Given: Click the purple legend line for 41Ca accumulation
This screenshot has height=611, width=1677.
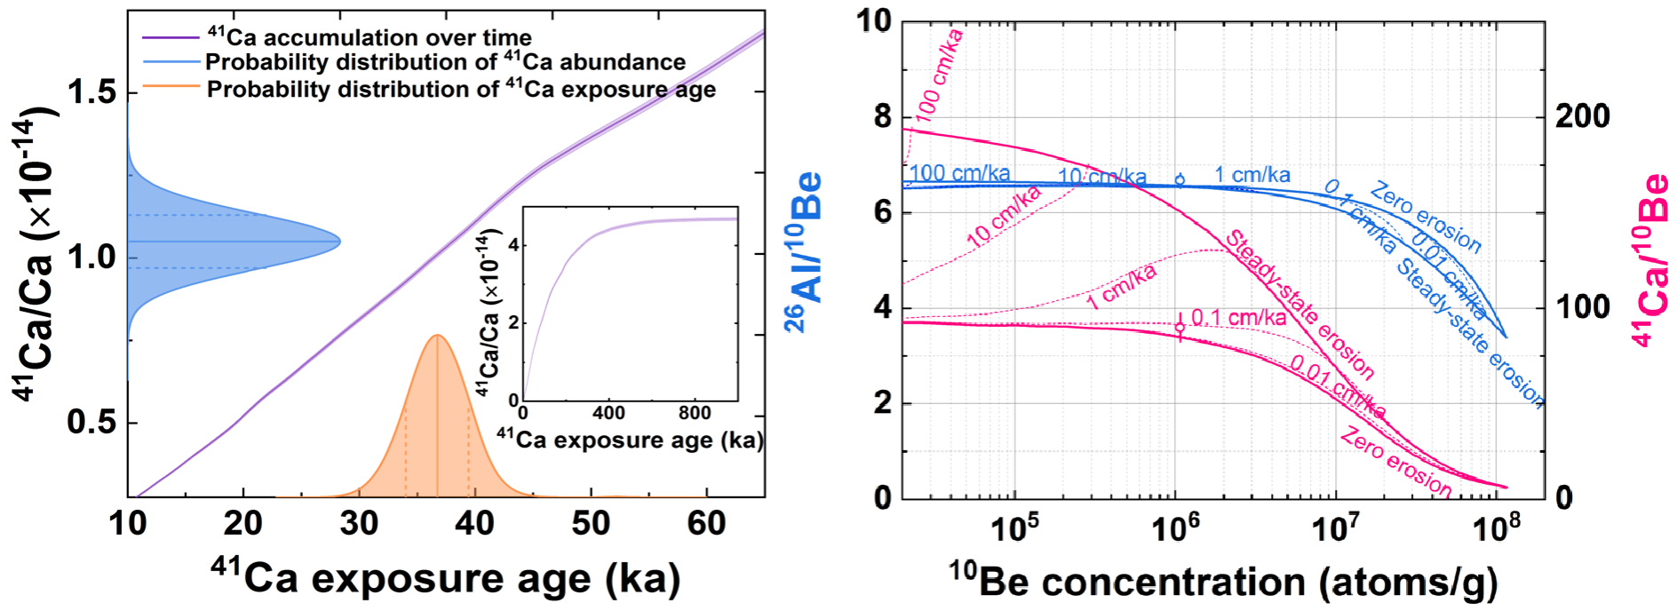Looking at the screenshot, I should [x=170, y=37].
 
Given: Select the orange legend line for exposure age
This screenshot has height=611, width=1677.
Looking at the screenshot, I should [x=170, y=89].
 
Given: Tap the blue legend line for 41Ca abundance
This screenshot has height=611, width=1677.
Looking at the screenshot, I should [x=170, y=62].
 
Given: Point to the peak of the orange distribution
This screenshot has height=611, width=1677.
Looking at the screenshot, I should [x=437, y=336].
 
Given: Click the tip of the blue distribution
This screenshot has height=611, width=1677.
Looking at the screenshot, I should [x=340, y=241].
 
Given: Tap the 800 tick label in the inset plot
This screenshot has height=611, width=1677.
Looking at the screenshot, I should [x=695, y=413].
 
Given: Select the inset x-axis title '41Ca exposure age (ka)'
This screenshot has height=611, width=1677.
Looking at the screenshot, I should [x=630, y=440].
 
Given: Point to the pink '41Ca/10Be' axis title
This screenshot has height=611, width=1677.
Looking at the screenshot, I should [x=1652, y=258].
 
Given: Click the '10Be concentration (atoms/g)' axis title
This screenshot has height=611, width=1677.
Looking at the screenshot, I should [x=1222, y=581].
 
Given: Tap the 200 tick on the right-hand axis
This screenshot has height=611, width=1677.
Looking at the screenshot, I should [x=1582, y=116].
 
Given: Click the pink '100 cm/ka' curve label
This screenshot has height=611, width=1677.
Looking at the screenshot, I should [x=939, y=75].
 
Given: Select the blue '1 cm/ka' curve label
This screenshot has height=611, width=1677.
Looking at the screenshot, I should [x=1252, y=175].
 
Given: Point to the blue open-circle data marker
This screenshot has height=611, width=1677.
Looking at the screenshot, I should [x=1180, y=179].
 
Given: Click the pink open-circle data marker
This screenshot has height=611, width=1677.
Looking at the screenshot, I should [x=1180, y=328].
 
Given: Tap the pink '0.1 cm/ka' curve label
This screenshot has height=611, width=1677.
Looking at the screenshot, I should [x=1238, y=317].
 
